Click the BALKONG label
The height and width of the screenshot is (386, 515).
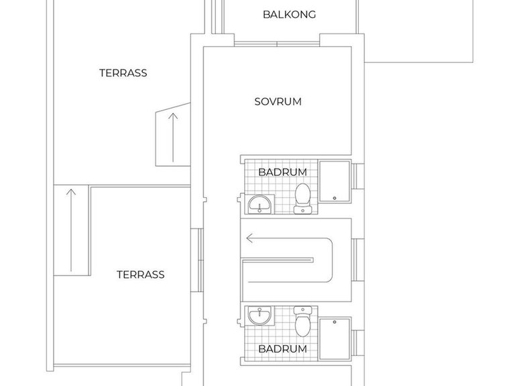click(290, 15)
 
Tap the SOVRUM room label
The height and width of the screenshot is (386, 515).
click(278, 102)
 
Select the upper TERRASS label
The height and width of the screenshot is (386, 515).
click(123, 73)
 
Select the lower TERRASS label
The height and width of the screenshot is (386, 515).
click(141, 274)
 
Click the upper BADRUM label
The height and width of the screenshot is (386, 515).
click(282, 172)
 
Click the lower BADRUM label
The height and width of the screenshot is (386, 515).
click(282, 348)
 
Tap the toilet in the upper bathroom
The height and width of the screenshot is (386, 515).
click(302, 198)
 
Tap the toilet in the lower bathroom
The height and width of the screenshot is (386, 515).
click(302, 322)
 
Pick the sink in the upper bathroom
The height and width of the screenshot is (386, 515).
click(260, 204)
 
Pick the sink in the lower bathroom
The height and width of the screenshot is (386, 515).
click(260, 316)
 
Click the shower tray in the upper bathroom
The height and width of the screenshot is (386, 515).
click(335, 181)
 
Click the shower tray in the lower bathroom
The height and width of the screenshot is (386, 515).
click(335, 338)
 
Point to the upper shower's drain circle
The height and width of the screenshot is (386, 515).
click(335, 198)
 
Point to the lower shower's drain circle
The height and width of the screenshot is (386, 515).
click(335, 322)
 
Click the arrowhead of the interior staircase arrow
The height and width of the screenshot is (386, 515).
click(249, 239)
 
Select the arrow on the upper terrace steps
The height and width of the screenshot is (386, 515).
click(173, 137)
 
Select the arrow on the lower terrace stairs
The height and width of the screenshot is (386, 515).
click(71, 231)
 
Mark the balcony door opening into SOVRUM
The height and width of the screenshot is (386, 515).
click(277, 44)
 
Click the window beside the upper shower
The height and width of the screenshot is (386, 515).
click(357, 176)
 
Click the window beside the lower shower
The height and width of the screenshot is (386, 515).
click(357, 343)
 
